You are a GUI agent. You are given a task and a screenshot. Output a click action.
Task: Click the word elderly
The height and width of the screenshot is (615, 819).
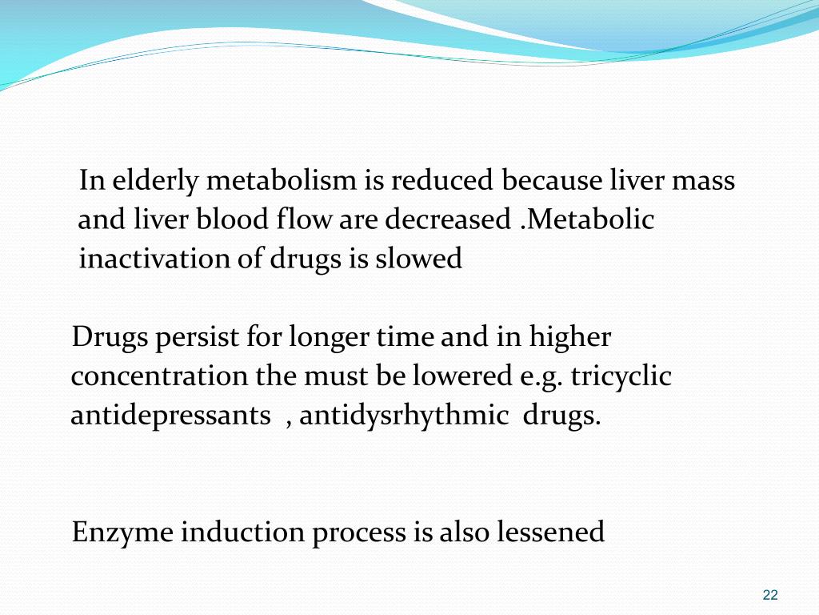(155, 182)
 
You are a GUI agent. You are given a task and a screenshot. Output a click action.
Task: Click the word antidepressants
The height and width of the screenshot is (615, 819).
(170, 416)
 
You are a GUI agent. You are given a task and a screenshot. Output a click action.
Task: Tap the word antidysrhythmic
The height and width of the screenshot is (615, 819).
(405, 416)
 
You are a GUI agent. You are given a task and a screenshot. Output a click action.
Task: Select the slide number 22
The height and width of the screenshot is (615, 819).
(770, 594)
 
